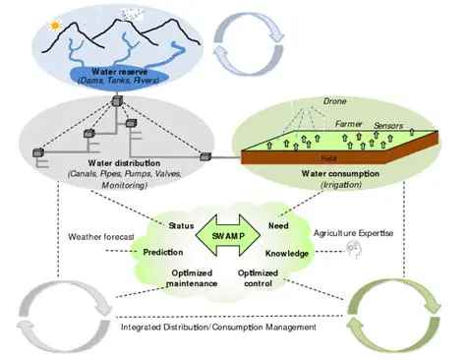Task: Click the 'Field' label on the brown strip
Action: pyautogui.click(x=331, y=158)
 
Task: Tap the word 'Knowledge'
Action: pyautogui.click(x=288, y=253)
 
